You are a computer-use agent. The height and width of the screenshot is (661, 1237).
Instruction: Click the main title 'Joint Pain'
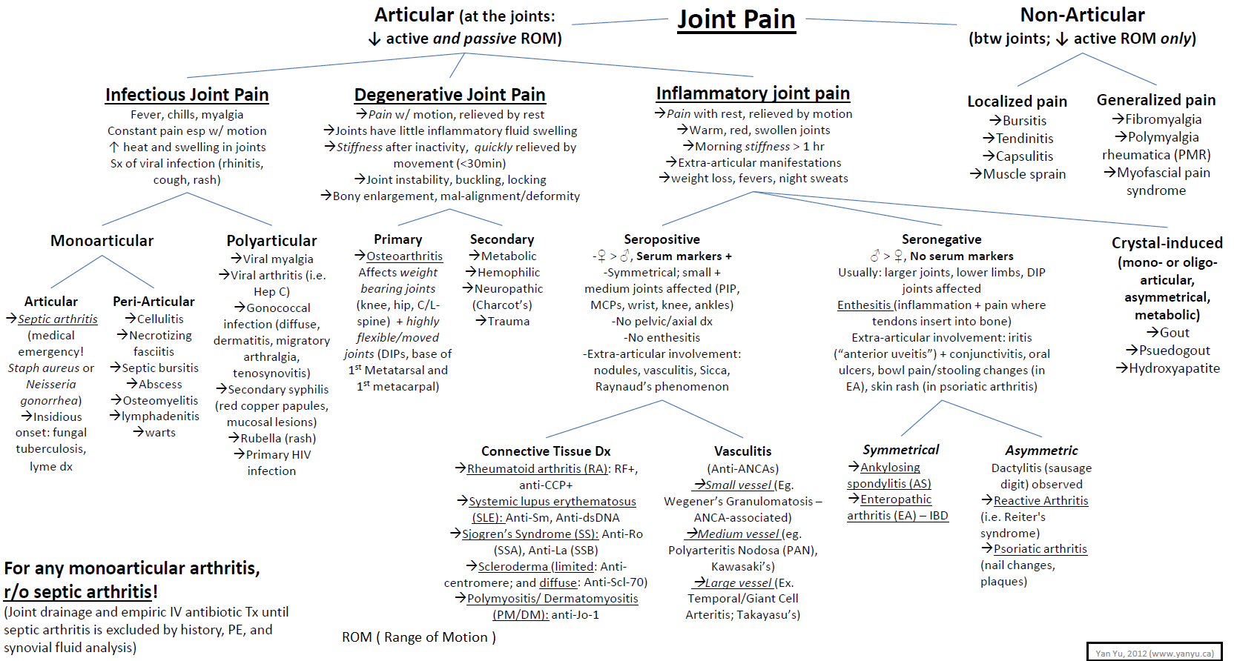[x=736, y=20]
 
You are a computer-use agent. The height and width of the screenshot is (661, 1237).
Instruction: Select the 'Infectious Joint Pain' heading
[x=187, y=95]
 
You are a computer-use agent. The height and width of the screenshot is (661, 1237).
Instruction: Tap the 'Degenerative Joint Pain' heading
[x=449, y=95]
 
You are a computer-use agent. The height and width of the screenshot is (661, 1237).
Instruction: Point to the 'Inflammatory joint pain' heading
[x=753, y=93]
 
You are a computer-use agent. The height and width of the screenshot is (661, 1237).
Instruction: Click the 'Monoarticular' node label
[x=102, y=241]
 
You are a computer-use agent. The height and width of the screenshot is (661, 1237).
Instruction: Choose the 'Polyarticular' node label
[x=271, y=241]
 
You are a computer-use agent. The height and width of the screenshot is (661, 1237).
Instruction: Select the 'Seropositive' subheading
[x=662, y=239]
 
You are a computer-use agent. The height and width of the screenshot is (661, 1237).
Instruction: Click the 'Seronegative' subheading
[x=942, y=239]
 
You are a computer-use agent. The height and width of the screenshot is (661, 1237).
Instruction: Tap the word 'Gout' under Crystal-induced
[x=1175, y=333]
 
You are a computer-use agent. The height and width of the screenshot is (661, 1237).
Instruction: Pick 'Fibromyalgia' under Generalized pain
[x=1164, y=119]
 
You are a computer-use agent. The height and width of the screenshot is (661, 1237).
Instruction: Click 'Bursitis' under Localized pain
[x=1024, y=120]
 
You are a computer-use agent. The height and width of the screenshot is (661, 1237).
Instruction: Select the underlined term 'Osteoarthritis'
[x=404, y=256]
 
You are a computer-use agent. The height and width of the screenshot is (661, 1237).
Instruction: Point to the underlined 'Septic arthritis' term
[x=57, y=319]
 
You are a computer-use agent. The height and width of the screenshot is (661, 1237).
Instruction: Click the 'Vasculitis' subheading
[x=743, y=451]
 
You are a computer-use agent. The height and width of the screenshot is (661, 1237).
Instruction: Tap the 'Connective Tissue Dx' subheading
[x=546, y=451]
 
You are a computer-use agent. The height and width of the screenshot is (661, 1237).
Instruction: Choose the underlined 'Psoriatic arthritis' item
[x=1040, y=549]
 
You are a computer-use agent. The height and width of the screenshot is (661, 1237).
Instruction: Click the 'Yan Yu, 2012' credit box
[x=1154, y=651]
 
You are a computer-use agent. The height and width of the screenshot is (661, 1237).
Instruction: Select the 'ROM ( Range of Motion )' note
[x=418, y=637]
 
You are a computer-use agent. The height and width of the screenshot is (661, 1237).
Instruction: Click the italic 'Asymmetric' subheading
[x=1041, y=451]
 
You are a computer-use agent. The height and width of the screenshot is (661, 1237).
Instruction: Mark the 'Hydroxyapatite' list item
[x=1174, y=368]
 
